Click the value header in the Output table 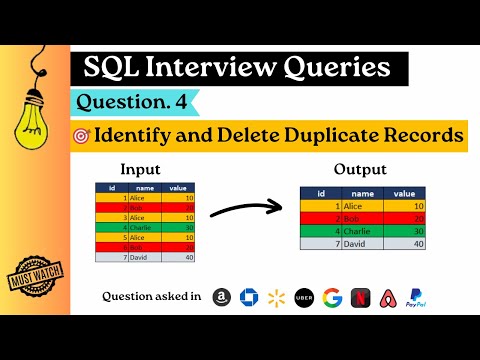click(404, 194)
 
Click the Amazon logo click(222, 297)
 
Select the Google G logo click(331, 297)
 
